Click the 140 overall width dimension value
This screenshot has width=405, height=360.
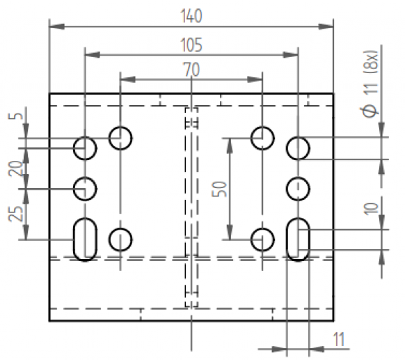[191, 15]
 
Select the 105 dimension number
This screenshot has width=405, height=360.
[191, 45]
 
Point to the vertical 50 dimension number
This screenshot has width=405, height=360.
[220, 189]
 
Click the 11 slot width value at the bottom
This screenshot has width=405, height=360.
[339, 341]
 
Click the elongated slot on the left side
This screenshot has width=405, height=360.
[85, 240]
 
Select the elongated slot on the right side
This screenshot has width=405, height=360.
[298, 240]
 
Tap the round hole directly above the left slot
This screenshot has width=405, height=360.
[85, 188]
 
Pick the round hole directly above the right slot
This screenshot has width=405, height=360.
[298, 188]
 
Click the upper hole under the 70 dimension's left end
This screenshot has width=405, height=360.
[120, 138]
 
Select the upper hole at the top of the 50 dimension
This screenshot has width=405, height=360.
[262, 138]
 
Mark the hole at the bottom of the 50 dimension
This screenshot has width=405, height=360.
[262, 240]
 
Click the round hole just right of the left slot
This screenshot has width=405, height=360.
[120, 240]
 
